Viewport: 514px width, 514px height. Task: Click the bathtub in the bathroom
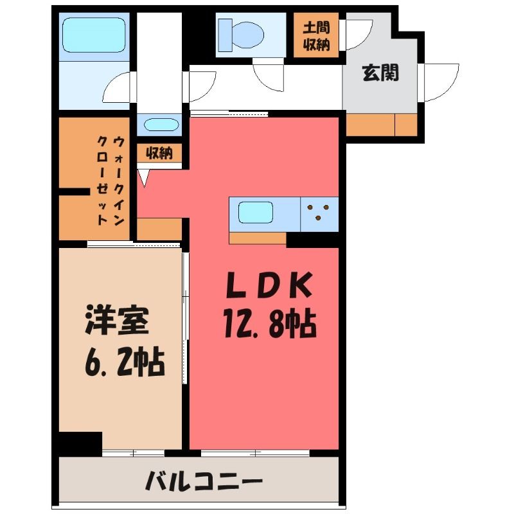coord(94,35)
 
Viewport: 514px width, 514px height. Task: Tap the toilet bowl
coord(249,35)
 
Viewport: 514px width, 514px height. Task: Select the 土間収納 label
coord(316,36)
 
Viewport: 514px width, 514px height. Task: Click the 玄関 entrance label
coord(380,73)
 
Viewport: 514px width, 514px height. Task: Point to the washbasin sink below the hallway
coord(161,125)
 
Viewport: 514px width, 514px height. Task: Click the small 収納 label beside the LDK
coord(159,153)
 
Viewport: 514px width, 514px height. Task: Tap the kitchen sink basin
coord(256,213)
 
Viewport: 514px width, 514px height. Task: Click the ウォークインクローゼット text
coord(111,181)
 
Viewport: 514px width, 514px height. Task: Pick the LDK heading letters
coord(269,285)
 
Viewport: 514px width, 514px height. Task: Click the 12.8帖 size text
coord(270,324)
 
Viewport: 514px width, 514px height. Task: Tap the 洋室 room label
coord(117,320)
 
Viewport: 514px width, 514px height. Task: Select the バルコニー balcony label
coord(204,481)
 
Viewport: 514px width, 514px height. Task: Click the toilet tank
coord(225,35)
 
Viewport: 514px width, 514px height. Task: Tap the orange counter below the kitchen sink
coord(258,238)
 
